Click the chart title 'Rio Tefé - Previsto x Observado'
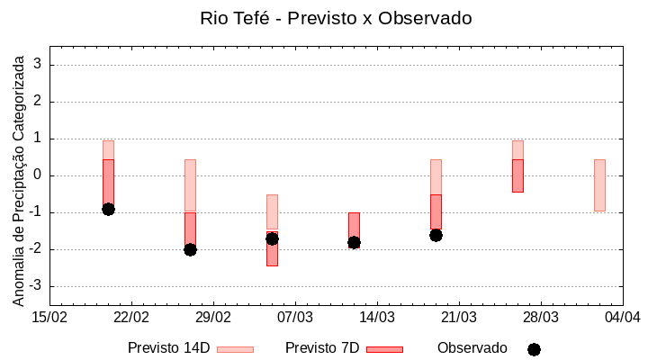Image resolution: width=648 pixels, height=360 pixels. click(x=336, y=18)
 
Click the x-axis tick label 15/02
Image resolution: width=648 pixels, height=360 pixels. click(x=49, y=318)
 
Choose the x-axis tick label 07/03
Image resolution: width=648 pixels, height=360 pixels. click(x=294, y=318)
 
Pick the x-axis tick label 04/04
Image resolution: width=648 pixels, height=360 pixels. click(x=622, y=318)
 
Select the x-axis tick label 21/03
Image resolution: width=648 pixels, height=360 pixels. click(x=458, y=318)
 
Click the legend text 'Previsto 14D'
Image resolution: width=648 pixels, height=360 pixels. click(x=169, y=348)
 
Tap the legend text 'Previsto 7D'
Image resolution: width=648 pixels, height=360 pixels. click(x=322, y=348)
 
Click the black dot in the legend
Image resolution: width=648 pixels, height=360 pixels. click(x=534, y=349)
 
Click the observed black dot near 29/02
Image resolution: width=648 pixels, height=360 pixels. click(x=190, y=249)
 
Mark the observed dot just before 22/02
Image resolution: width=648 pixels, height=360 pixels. click(x=108, y=209)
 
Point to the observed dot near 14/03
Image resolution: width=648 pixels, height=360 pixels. click(x=354, y=242)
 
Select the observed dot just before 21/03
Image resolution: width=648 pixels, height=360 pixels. click(x=436, y=235)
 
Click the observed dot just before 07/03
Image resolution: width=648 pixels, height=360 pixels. click(x=272, y=238)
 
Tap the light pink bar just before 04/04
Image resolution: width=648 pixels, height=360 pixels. click(x=599, y=185)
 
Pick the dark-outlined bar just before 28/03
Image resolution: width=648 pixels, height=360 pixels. click(x=517, y=175)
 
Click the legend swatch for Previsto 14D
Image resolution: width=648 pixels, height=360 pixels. click(x=235, y=349)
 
